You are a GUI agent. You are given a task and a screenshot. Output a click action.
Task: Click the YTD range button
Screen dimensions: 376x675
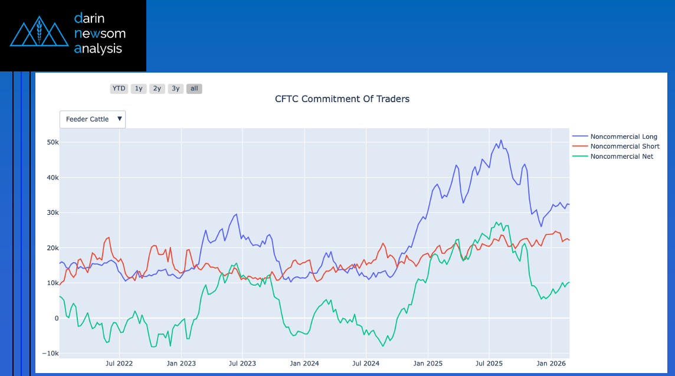tap(119, 89)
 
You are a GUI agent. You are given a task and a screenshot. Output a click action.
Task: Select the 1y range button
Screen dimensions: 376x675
tap(139, 89)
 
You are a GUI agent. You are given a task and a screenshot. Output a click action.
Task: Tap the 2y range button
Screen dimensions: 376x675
tap(157, 89)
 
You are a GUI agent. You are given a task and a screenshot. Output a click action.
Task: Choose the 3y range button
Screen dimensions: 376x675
tap(175, 89)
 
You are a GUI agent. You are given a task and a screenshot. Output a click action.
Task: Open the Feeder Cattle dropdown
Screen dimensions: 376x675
tap(93, 119)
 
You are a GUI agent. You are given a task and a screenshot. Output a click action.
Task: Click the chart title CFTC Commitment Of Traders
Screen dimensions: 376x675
tap(342, 99)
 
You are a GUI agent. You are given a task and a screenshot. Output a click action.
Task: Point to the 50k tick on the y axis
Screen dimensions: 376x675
tap(52, 142)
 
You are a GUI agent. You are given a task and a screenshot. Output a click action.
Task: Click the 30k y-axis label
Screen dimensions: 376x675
tap(52, 212)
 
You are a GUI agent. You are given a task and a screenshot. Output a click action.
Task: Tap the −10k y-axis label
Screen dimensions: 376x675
tap(50, 354)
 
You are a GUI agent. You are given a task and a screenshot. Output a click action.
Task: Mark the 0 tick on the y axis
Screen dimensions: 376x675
tap(56, 318)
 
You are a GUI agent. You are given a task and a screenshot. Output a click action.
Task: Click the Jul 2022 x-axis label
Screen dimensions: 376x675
tap(119, 364)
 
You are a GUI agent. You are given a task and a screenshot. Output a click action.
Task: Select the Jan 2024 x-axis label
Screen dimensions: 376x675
tap(304, 364)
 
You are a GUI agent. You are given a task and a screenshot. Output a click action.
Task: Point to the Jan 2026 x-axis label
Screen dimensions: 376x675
tap(551, 364)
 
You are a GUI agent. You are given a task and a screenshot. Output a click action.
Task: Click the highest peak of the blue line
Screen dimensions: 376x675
tap(501, 140)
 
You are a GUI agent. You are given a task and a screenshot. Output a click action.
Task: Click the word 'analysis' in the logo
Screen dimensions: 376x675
tap(98, 48)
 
